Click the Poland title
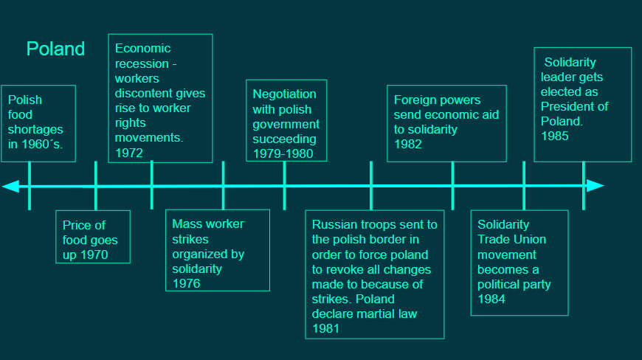55,49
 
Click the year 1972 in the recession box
129,153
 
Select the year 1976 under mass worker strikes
186,283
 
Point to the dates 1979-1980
283,154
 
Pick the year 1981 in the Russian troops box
326,328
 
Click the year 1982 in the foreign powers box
408,144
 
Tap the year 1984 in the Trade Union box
491,299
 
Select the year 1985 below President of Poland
555,136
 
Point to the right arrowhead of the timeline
596,186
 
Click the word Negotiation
284,94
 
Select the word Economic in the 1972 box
142,48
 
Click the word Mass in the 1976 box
185,224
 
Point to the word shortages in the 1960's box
35,130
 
